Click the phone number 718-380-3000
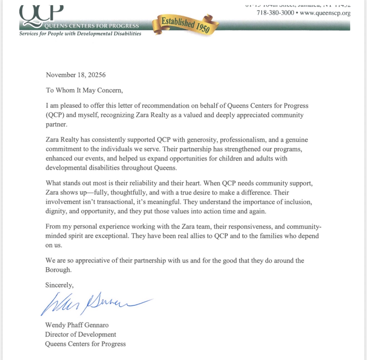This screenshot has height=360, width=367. point(275,13)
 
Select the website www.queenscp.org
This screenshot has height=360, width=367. point(325,13)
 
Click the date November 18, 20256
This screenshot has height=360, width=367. point(76,75)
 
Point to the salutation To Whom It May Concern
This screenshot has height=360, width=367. point(84,90)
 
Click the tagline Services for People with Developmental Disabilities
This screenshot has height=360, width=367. point(80,34)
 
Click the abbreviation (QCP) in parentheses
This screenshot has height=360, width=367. point(55,115)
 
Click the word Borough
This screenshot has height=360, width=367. point(58,270)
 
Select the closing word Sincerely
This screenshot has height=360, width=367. point(59,285)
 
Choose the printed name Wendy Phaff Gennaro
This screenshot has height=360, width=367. point(77,325)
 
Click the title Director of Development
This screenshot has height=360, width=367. point(81,334)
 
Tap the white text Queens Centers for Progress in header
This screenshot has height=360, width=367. point(91,26)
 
